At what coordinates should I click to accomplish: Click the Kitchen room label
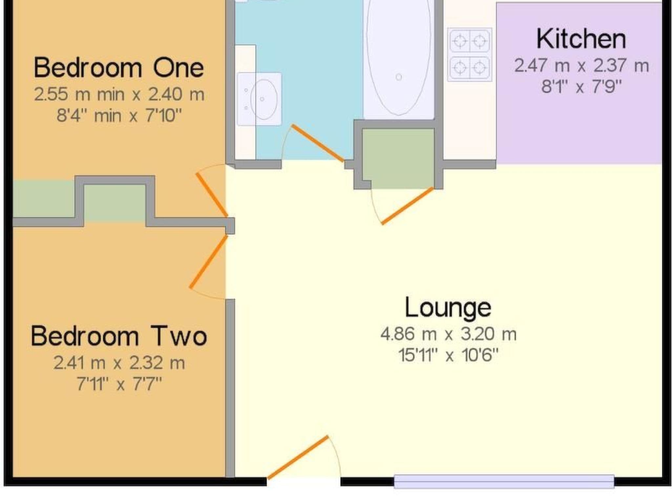click(x=581, y=39)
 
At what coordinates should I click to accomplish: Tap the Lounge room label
click(x=448, y=307)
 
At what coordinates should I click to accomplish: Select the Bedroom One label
click(x=119, y=68)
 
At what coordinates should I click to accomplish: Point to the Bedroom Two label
click(x=119, y=336)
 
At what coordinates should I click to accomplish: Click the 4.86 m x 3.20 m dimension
click(x=448, y=334)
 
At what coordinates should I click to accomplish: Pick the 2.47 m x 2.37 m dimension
click(x=581, y=65)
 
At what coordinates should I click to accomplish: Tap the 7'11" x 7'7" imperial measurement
click(x=119, y=384)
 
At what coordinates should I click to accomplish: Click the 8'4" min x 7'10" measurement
click(x=119, y=115)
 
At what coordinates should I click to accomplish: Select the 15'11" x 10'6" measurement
click(x=448, y=355)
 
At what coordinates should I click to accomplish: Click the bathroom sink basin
click(x=263, y=98)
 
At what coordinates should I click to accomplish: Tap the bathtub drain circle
click(x=399, y=77)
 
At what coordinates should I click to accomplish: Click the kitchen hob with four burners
click(x=470, y=54)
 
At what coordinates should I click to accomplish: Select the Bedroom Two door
click(x=208, y=261)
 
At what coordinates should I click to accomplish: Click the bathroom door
click(x=318, y=143)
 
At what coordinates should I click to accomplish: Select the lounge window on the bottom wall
click(x=504, y=481)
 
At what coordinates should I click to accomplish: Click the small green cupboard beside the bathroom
click(x=398, y=159)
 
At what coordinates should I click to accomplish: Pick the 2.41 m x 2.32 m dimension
click(x=119, y=363)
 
